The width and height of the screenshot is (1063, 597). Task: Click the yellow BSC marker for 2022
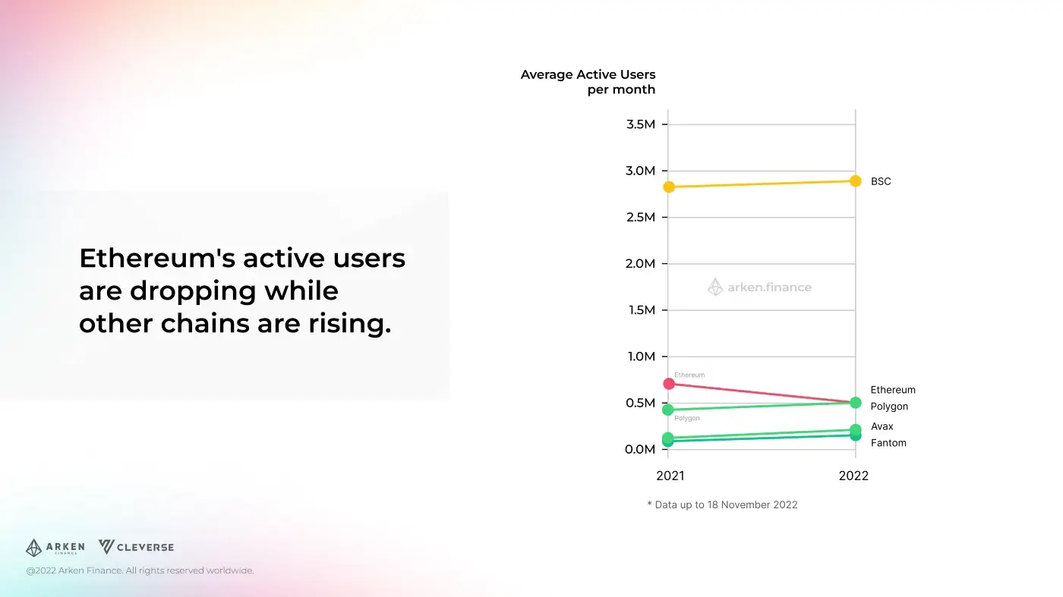point(856,181)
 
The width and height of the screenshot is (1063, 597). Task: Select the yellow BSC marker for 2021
point(669,187)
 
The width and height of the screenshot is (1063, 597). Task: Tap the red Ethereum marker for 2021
point(669,384)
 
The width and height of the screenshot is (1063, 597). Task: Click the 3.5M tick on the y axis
point(640,124)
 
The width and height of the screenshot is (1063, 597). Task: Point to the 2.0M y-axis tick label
point(640,264)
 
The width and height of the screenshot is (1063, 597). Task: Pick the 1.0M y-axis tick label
point(640,357)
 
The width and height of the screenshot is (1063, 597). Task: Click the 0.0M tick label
point(640,450)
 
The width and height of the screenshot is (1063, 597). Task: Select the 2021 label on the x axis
point(670,476)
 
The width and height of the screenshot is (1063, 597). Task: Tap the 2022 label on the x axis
point(853,476)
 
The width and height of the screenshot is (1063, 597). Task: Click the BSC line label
point(881,182)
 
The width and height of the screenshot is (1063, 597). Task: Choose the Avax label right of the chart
point(882,426)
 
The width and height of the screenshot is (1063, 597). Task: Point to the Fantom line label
point(888,443)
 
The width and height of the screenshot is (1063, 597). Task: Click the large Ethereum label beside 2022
point(893,390)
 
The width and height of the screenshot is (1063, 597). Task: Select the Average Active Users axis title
point(588,82)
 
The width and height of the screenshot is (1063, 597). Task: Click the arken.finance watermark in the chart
point(760,288)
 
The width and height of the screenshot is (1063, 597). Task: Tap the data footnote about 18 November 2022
point(722,504)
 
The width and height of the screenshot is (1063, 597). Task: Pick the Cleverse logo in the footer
point(137,547)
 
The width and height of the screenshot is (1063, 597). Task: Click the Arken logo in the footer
point(55,548)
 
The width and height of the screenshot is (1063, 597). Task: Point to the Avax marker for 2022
point(856,430)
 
